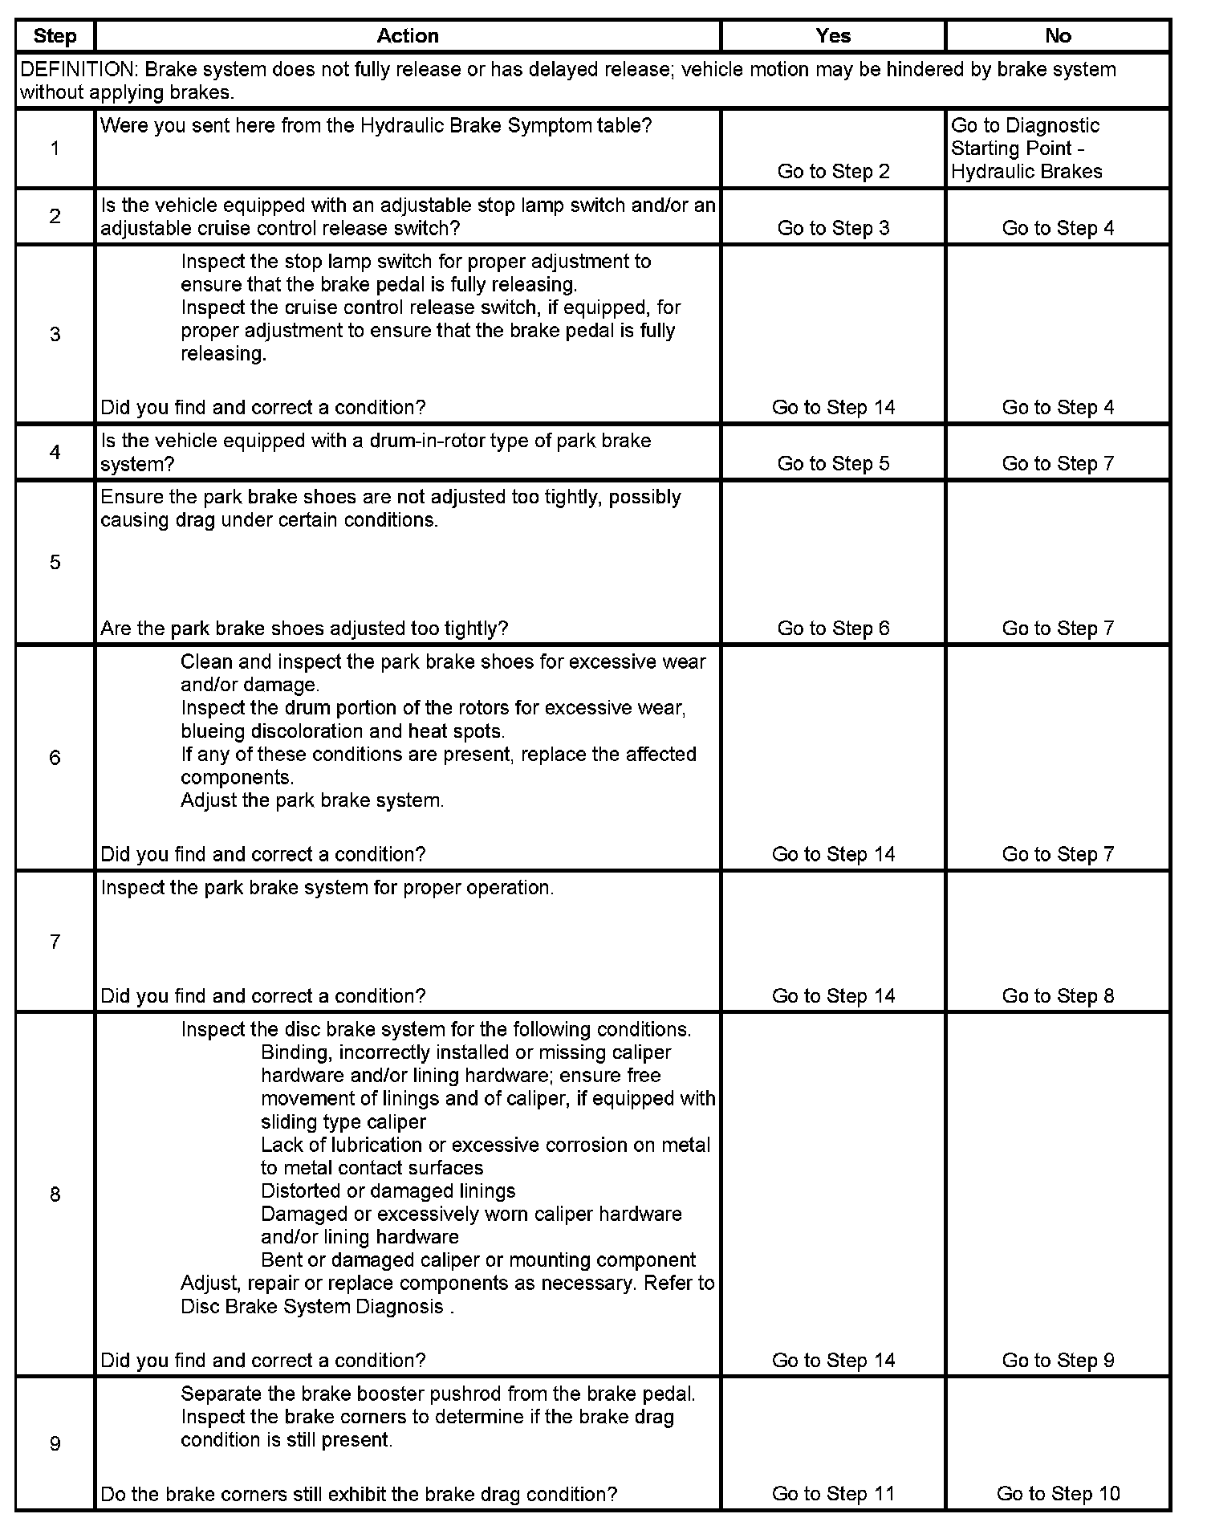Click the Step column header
point(55,36)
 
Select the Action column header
point(408,36)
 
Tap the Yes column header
point(833,36)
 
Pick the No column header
point(1058,36)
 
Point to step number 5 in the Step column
point(55,562)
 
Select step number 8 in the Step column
point(55,1194)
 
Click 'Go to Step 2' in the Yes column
point(833,171)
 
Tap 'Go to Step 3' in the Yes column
point(833,228)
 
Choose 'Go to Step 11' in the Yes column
point(833,1493)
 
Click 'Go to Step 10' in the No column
point(1058,1493)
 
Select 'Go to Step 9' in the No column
point(1058,1360)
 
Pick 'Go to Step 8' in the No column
point(1058,995)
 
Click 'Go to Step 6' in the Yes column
point(833,628)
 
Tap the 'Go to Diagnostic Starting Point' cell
point(1026,149)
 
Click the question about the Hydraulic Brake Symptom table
point(376,126)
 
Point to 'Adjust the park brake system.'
point(312,800)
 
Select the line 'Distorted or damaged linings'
point(388,1190)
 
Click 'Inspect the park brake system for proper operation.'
point(327,888)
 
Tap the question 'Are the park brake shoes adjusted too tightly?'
point(304,628)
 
